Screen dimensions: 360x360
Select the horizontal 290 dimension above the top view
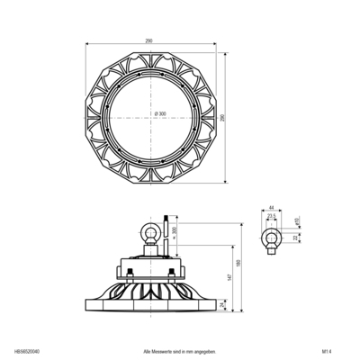(x=148, y=40)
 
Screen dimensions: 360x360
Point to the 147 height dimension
(x=229, y=278)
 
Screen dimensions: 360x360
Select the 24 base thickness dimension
(x=221, y=304)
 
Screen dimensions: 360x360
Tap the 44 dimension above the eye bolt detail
(x=271, y=207)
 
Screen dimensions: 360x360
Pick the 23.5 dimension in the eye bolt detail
(x=271, y=217)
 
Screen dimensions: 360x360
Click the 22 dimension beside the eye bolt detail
(x=293, y=238)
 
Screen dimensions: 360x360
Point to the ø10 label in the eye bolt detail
(x=297, y=221)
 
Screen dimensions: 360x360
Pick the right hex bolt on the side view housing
(x=172, y=273)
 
